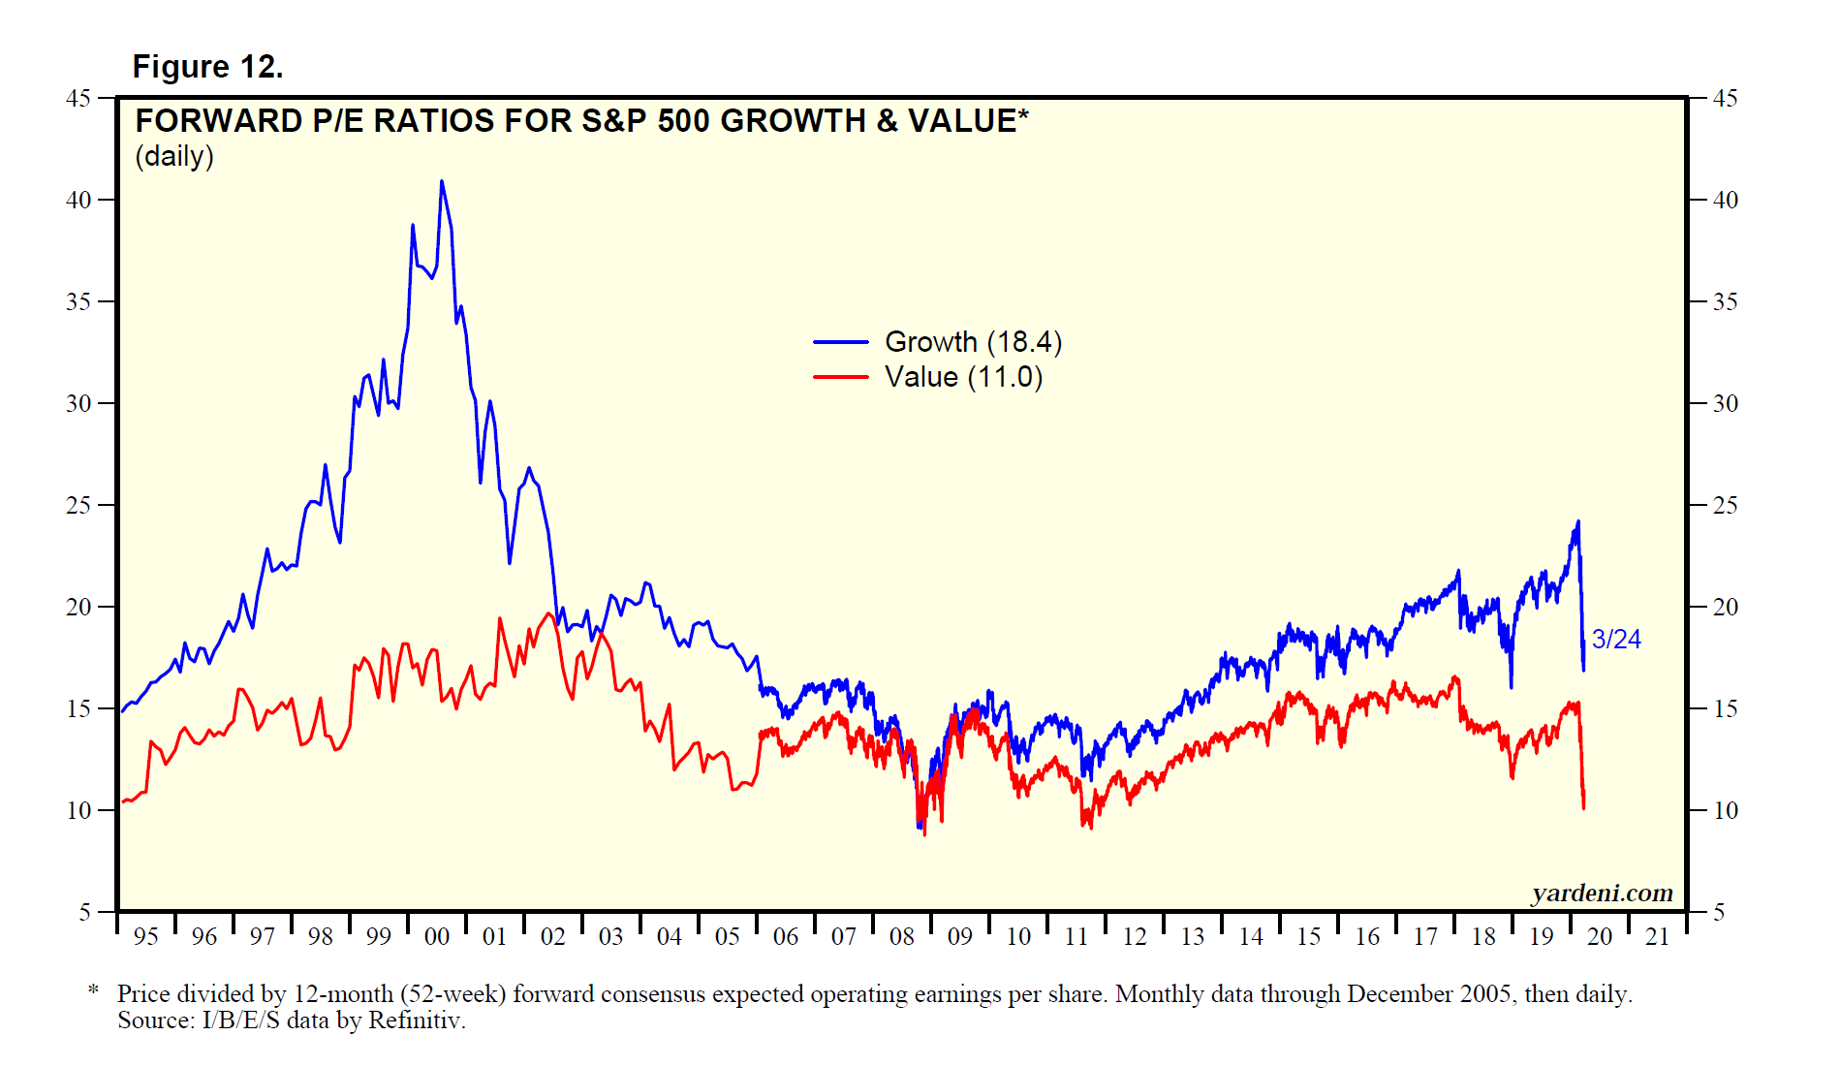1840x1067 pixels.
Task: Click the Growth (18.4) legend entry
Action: pyautogui.click(x=973, y=342)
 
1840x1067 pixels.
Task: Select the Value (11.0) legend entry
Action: pyautogui.click(x=963, y=377)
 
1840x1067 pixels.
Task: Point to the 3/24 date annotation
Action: pyautogui.click(x=1616, y=640)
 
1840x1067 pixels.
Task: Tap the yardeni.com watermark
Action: pyautogui.click(x=1603, y=893)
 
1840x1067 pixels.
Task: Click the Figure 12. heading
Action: pyautogui.click(x=207, y=67)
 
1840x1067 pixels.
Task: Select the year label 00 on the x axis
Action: pyautogui.click(x=437, y=937)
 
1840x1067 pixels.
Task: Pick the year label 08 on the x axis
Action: pyautogui.click(x=902, y=937)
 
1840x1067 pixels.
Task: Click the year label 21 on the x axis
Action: pyautogui.click(x=1658, y=937)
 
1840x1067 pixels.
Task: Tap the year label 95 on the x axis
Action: pyautogui.click(x=146, y=937)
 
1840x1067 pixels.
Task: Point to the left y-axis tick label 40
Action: pyautogui.click(x=78, y=201)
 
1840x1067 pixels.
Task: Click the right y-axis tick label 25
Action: pyautogui.click(x=1726, y=506)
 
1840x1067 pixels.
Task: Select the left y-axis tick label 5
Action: pyautogui.click(x=85, y=913)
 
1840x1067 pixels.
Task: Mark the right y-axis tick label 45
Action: pyautogui.click(x=1726, y=99)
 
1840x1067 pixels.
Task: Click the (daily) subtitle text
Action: pyautogui.click(x=174, y=157)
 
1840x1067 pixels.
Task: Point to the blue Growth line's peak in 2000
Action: pyautogui.click(x=442, y=181)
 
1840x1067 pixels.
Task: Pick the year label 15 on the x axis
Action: pyautogui.click(x=1309, y=937)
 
